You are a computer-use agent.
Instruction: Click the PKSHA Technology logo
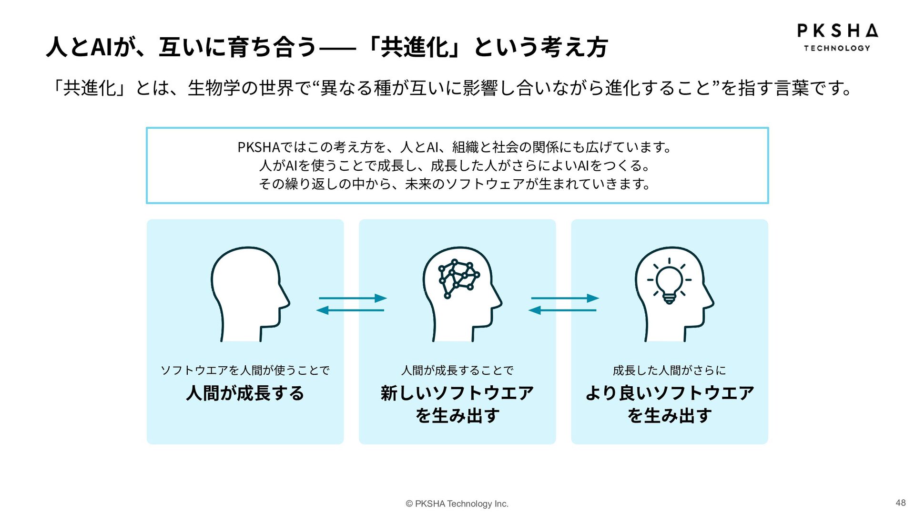click(x=837, y=37)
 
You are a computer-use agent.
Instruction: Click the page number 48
click(x=900, y=503)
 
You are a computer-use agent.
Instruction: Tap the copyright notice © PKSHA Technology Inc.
click(x=457, y=504)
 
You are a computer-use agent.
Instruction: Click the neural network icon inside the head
click(x=458, y=279)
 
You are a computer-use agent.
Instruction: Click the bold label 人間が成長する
click(x=245, y=393)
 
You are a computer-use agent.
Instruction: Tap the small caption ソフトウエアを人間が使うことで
click(x=245, y=370)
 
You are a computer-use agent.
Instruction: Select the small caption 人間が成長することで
click(x=457, y=370)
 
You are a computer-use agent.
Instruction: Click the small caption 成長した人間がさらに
click(x=669, y=370)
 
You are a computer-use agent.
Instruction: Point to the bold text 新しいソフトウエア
click(x=457, y=393)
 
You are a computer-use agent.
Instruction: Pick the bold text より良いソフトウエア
click(x=669, y=393)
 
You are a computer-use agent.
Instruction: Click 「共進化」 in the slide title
click(x=414, y=47)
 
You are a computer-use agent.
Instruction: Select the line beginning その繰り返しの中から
click(x=455, y=184)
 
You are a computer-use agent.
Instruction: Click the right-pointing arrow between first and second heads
click(x=353, y=298)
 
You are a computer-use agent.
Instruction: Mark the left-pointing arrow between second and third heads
click(x=562, y=310)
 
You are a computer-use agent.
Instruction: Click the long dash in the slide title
click(x=337, y=48)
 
